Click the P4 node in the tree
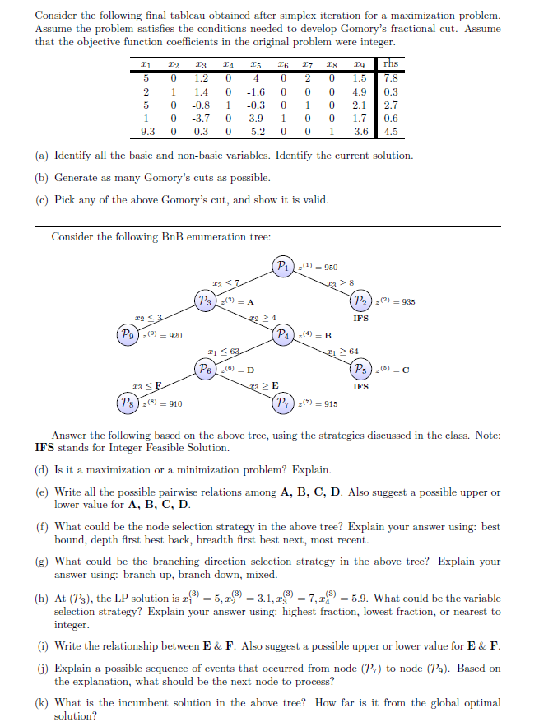coord(285,335)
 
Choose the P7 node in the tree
coord(285,403)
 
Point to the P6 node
coord(207,369)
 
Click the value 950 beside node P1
coord(328,267)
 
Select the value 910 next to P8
coord(174,404)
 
